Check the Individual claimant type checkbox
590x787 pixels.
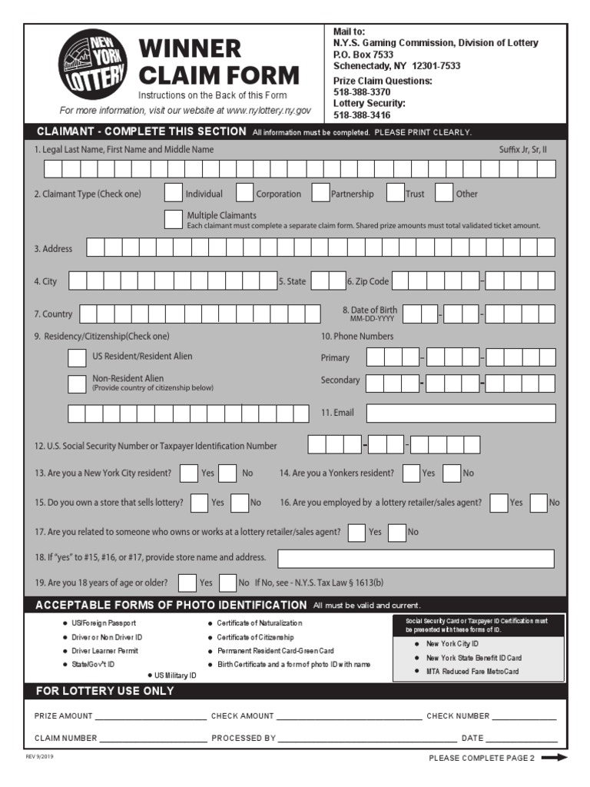174,193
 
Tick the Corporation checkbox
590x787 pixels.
244,193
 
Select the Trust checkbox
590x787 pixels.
395,193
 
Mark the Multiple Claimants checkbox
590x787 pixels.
174,219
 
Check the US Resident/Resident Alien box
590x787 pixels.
77,357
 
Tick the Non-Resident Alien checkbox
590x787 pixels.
77,384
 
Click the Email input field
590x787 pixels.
460,413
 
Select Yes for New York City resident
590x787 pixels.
189,473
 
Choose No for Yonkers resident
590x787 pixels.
452,473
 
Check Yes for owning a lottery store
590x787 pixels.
199,503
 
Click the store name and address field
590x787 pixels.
415,558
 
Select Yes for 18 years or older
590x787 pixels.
187,583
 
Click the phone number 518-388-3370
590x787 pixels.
362,92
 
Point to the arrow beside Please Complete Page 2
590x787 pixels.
554,758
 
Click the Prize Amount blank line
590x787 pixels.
151,716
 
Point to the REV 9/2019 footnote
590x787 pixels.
39,756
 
